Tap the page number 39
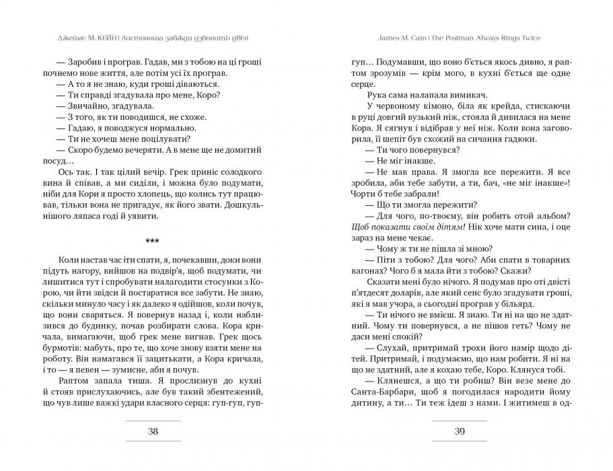coord(459,432)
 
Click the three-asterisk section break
coord(153,240)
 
